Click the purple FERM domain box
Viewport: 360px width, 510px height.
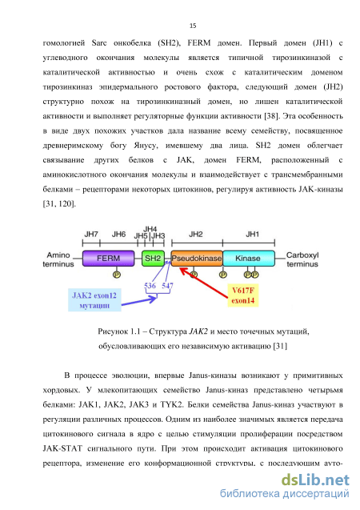pyautogui.click(x=108, y=259)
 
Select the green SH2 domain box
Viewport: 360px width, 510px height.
pyautogui.click(x=153, y=259)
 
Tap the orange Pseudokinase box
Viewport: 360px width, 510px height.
pyautogui.click(x=197, y=259)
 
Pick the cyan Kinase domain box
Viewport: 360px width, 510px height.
pyautogui.click(x=249, y=259)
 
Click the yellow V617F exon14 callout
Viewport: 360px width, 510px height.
pyautogui.click(x=243, y=295)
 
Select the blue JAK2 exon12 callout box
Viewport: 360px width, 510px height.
pyautogui.click(x=94, y=300)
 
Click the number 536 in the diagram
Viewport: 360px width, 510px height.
pyautogui.click(x=150, y=286)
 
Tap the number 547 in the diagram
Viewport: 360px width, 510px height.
pyautogui.click(x=168, y=286)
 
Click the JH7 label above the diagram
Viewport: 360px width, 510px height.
pyautogui.click(x=91, y=234)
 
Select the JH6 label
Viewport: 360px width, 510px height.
pyautogui.click(x=118, y=234)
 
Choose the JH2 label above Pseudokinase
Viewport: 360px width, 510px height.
pyautogui.click(x=196, y=234)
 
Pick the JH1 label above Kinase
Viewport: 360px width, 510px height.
pyautogui.click(x=253, y=234)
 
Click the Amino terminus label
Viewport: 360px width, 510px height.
pyautogui.click(x=58, y=259)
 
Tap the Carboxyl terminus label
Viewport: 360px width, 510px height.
pyautogui.click(x=302, y=259)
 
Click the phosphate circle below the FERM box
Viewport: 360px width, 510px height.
pyautogui.click(x=117, y=275)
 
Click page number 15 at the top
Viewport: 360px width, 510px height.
pyautogui.click(x=193, y=26)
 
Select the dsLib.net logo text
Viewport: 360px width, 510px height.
pyautogui.click(x=315, y=480)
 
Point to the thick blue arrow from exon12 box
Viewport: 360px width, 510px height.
pyautogui.click(x=139, y=301)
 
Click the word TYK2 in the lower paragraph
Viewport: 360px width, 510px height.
pyautogui.click(x=171, y=405)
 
